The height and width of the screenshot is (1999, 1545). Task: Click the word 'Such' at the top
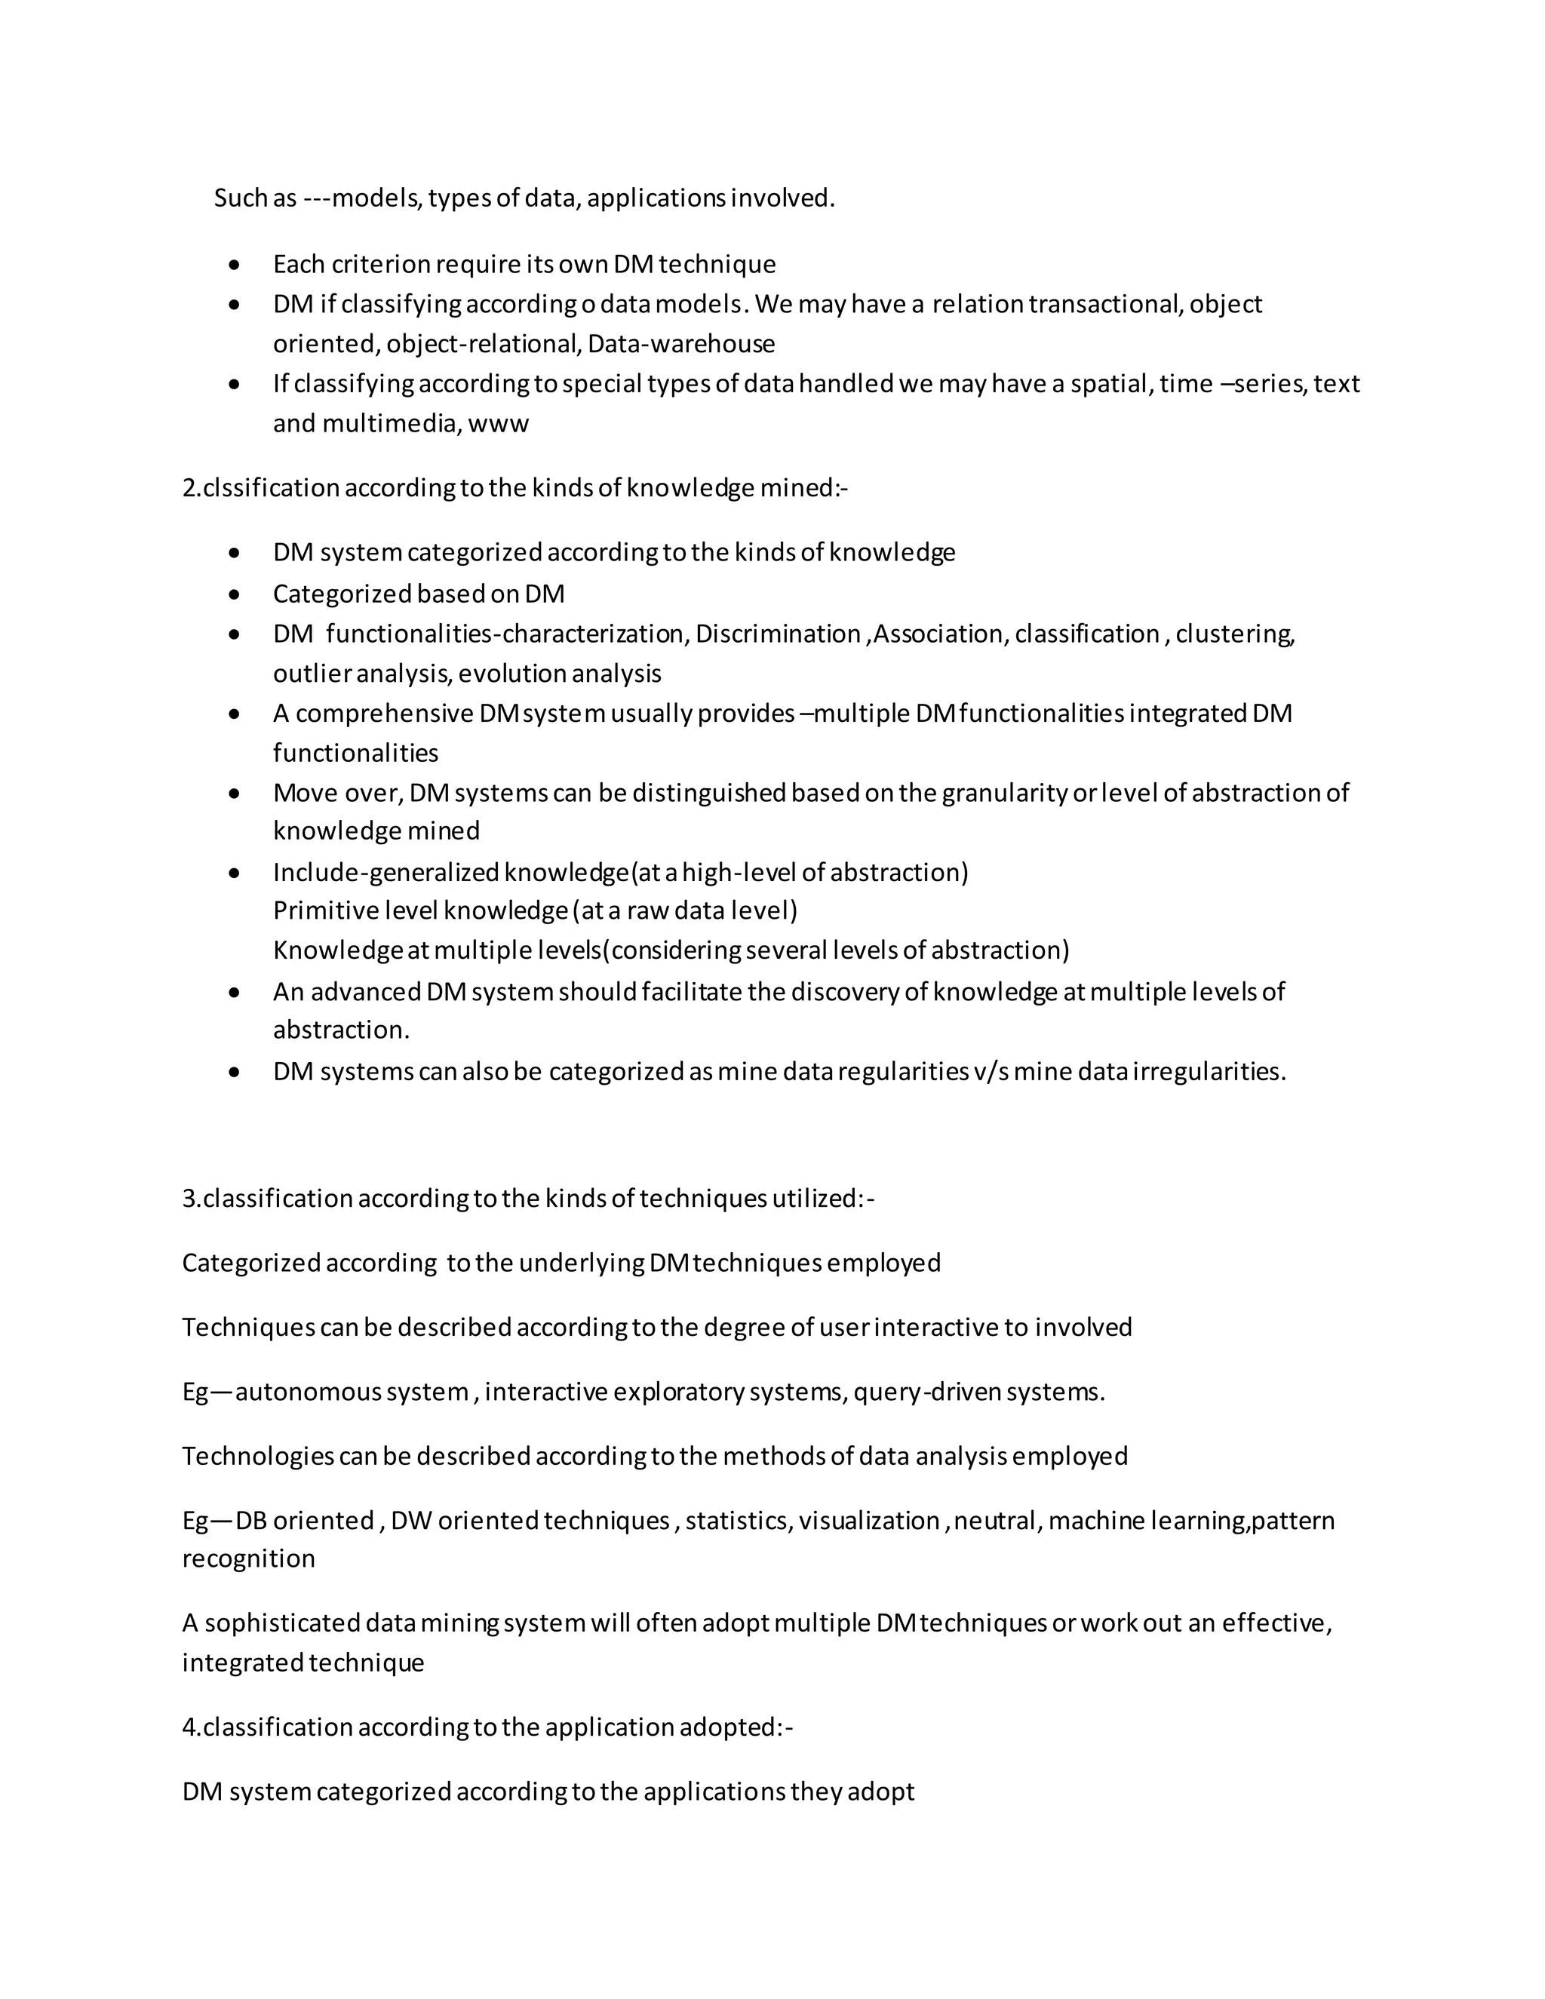coord(241,198)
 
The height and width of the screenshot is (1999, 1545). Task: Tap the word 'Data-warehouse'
coord(681,344)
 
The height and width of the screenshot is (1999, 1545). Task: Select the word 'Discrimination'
coord(778,634)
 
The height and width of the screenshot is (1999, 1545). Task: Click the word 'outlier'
coord(312,674)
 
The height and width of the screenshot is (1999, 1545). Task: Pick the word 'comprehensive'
coord(385,714)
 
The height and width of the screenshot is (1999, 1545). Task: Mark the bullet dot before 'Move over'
coord(235,794)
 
